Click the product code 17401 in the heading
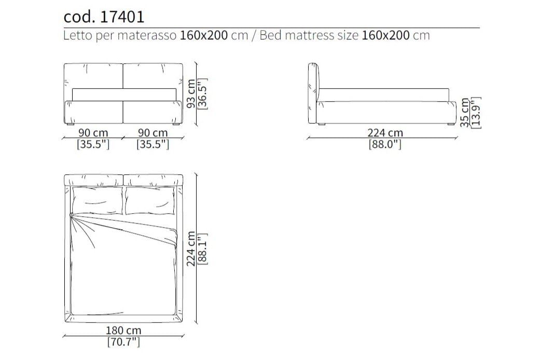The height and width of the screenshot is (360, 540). [x=122, y=17]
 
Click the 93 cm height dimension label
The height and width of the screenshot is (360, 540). [x=191, y=94]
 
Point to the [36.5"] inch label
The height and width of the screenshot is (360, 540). [x=203, y=94]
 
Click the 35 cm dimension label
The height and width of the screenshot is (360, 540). [x=465, y=113]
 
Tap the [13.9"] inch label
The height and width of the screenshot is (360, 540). [x=476, y=113]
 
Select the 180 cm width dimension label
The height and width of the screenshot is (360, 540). [x=123, y=330]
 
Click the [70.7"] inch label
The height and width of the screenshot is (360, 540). [x=123, y=342]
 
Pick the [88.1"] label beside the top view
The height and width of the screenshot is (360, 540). [x=203, y=248]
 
